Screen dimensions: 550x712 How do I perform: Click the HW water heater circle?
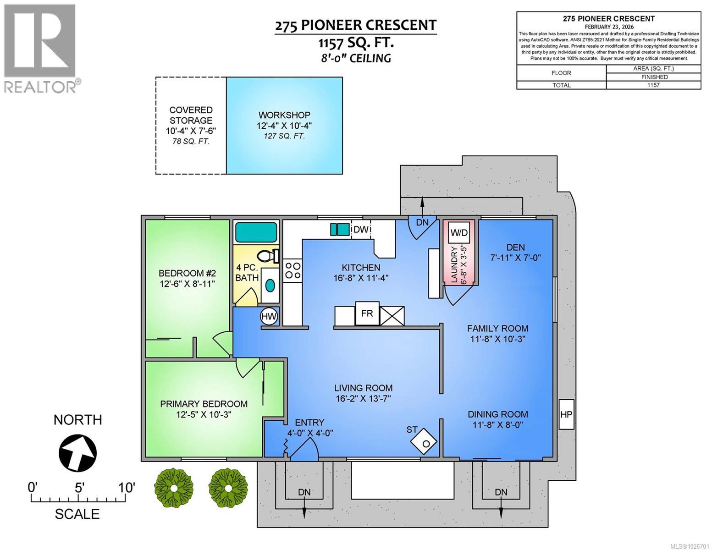[x=269, y=316]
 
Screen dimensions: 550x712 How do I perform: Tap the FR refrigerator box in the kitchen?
[x=367, y=313]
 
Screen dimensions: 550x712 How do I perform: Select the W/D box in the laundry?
[x=459, y=232]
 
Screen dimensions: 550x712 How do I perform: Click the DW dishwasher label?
[x=361, y=229]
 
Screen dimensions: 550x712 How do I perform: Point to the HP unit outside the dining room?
[x=567, y=414]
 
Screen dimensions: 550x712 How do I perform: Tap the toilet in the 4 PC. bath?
[x=268, y=255]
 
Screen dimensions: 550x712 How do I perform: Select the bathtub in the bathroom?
[x=256, y=232]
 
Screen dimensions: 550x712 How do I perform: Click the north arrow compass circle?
[x=77, y=452]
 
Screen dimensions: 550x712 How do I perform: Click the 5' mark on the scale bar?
[x=79, y=488]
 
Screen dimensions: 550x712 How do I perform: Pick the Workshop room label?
[x=284, y=115]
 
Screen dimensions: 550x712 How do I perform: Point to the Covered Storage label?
[x=191, y=115]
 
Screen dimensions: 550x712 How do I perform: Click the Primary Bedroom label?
[x=204, y=404]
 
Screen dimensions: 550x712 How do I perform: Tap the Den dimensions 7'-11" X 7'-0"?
[x=515, y=258]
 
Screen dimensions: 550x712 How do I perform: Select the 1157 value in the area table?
[x=653, y=85]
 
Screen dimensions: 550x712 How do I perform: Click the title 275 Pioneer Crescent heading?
[x=355, y=25]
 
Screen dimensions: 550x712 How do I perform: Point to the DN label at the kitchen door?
[x=422, y=222]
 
